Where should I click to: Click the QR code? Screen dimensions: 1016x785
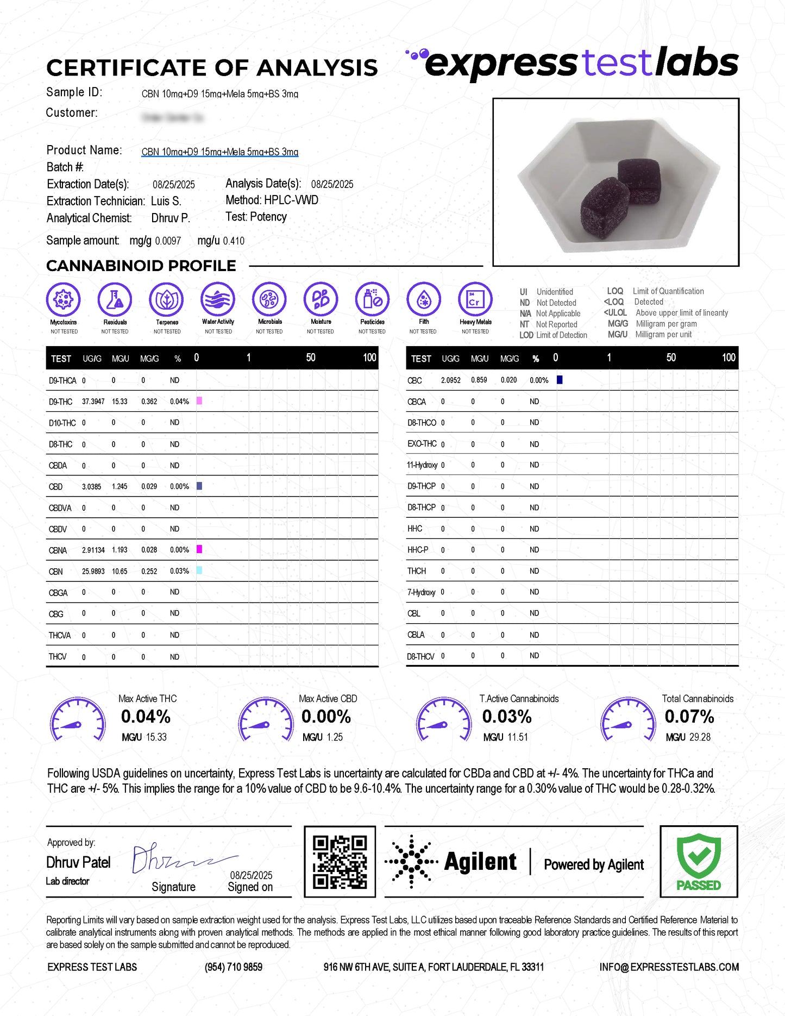(x=340, y=861)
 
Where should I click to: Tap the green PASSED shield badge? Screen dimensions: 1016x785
(x=699, y=861)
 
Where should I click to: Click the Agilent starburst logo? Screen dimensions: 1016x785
(x=411, y=862)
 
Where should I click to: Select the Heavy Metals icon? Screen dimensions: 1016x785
(x=475, y=299)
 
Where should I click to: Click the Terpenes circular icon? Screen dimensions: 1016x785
(x=167, y=299)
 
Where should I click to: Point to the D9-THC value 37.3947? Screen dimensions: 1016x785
(x=93, y=402)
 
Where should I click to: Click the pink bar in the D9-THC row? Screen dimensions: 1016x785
(x=199, y=401)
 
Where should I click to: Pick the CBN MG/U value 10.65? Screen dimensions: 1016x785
(x=120, y=572)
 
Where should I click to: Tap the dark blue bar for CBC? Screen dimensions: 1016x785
(x=560, y=380)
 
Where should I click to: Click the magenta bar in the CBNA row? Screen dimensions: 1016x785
(x=199, y=549)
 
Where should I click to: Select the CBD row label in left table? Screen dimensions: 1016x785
(x=56, y=487)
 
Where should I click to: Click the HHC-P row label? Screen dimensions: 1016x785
(x=418, y=550)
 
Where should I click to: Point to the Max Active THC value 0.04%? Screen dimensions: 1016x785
(x=146, y=717)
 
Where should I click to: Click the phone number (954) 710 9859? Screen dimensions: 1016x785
(x=234, y=967)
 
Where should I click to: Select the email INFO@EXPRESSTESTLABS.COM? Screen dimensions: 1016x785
(x=669, y=967)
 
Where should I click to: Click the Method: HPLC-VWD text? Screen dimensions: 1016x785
(x=272, y=200)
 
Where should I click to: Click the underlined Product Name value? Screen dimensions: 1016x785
(x=220, y=152)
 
